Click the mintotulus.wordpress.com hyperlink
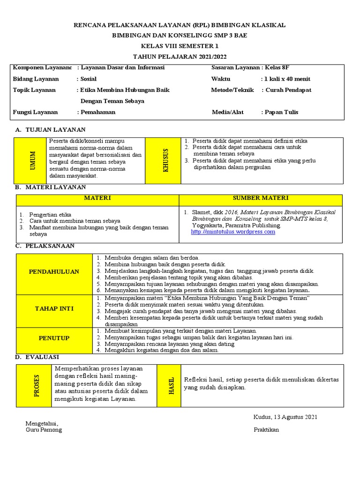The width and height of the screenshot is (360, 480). [233, 232]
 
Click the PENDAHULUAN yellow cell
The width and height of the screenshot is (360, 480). [54, 271]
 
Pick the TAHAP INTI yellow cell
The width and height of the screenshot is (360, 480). [54, 308]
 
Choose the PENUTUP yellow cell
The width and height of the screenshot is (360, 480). [54, 338]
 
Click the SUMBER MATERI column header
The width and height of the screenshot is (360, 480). [261, 198]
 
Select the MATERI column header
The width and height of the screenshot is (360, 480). [97, 198]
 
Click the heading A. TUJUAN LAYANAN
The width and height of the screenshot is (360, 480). [50, 130]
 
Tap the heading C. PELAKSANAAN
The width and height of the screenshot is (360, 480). [45, 246]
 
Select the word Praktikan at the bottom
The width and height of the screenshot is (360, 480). [266, 430]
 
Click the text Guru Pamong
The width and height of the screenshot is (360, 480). [44, 430]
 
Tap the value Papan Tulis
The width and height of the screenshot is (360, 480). [281, 112]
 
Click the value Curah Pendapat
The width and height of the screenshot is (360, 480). [288, 90]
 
